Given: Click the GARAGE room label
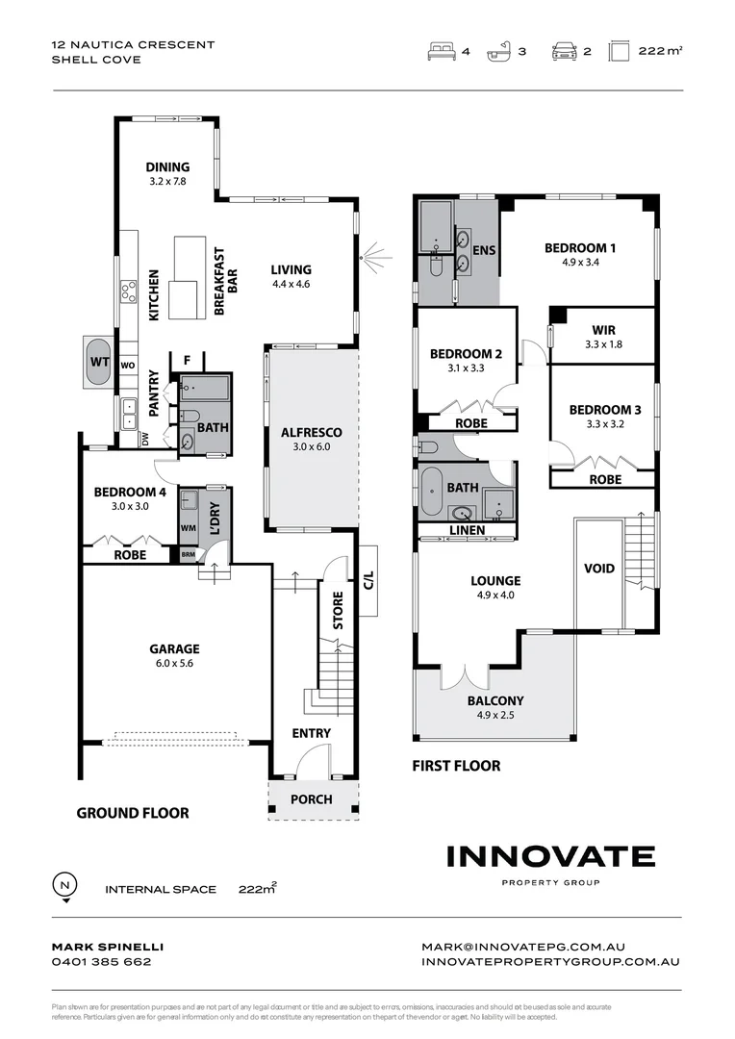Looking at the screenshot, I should pyautogui.click(x=173, y=648).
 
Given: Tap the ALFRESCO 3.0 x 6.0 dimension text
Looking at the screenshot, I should pyautogui.click(x=312, y=446).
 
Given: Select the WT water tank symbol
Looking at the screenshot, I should pyautogui.click(x=97, y=362).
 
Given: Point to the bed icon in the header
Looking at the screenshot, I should pyautogui.click(x=440, y=52).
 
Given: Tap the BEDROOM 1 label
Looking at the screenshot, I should pyautogui.click(x=580, y=248).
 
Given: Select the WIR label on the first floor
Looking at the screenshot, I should pyautogui.click(x=603, y=330).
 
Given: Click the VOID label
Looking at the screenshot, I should pyautogui.click(x=598, y=569).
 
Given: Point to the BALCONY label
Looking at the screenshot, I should pyautogui.click(x=495, y=701).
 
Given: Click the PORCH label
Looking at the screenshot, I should pyautogui.click(x=311, y=799).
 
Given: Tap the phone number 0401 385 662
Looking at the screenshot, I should pyautogui.click(x=101, y=961).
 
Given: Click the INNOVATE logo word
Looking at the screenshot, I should pyautogui.click(x=550, y=856).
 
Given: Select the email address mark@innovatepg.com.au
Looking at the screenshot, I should pyautogui.click(x=523, y=947).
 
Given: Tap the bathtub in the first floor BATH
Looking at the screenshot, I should pyautogui.click(x=433, y=494).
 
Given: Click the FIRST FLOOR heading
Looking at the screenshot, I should pyautogui.click(x=456, y=766).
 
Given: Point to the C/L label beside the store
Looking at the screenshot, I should pyautogui.click(x=367, y=580).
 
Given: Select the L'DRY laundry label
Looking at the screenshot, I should pyautogui.click(x=215, y=519).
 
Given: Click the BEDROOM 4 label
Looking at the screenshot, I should pyautogui.click(x=130, y=493).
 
